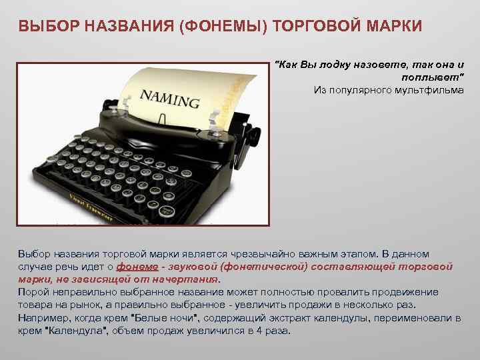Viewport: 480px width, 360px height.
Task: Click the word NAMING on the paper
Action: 169,99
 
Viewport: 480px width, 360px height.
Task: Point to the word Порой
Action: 32,292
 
